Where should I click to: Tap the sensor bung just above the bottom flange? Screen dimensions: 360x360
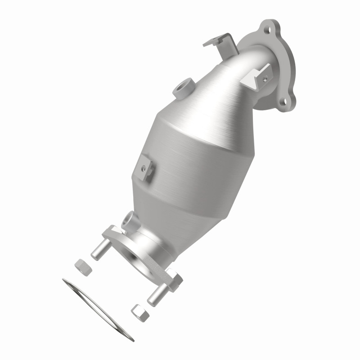(x=129, y=220)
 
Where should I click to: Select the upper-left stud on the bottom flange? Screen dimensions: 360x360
(x=99, y=250)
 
